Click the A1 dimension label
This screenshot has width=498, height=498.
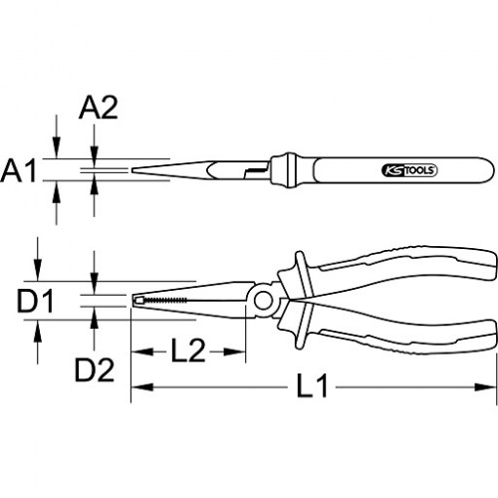point(18,170)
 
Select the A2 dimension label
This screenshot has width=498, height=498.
point(99,108)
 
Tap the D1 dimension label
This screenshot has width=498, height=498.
point(35,301)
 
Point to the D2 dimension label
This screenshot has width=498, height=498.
point(95,370)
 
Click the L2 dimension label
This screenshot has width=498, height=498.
point(188,351)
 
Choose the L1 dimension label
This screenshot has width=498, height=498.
point(312,385)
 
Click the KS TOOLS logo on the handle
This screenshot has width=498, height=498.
point(409,170)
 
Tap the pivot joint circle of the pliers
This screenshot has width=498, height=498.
point(263,301)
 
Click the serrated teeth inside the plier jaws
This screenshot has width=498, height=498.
point(165,300)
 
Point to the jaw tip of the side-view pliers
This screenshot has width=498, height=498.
point(133,300)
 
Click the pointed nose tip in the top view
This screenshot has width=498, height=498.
point(132,170)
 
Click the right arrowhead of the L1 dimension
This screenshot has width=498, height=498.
point(485,386)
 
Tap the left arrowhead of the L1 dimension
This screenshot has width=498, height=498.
point(142,386)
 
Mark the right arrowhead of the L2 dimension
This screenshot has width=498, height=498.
point(234,352)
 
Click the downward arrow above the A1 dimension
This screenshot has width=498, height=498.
point(57,136)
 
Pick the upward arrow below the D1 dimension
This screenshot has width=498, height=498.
point(38,342)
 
